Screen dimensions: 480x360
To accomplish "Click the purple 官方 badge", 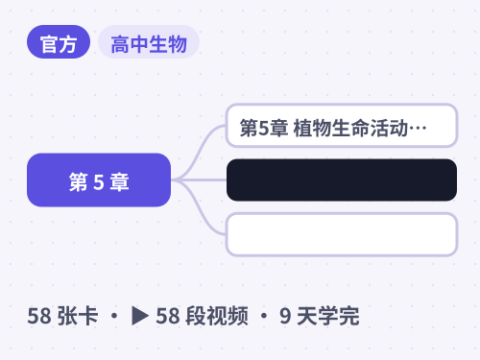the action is pyautogui.click(x=59, y=42).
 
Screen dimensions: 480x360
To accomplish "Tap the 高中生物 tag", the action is pyautogui.click(x=149, y=42).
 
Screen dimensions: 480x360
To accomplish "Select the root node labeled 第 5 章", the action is pyautogui.click(x=99, y=180).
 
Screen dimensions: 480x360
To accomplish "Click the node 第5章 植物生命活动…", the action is pyautogui.click(x=342, y=126).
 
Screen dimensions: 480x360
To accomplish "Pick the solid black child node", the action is pyautogui.click(x=342, y=180).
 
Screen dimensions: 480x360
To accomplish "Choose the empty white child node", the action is pyautogui.click(x=342, y=234).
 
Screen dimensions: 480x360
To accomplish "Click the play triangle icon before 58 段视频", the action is pyautogui.click(x=140, y=316).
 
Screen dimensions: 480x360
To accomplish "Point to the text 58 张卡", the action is pyautogui.click(x=62, y=316).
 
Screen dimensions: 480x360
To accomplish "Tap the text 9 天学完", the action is pyautogui.click(x=320, y=316).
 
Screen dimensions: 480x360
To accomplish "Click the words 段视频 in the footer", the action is pyautogui.click(x=217, y=316).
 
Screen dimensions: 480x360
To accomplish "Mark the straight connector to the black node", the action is pyautogui.click(x=199, y=180).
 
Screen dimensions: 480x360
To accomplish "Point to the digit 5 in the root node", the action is pyautogui.click(x=99, y=182).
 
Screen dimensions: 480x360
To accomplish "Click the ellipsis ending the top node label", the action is pyautogui.click(x=418, y=129).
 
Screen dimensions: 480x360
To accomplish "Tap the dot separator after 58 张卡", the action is pyautogui.click(x=114, y=316).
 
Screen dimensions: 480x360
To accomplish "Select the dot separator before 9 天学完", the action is pyautogui.click(x=264, y=316).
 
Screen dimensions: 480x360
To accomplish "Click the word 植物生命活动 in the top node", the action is pyautogui.click(x=350, y=128).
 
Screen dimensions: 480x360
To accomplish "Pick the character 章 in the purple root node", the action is pyautogui.click(x=120, y=182).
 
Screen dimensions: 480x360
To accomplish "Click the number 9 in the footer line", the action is pyautogui.click(x=285, y=316).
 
